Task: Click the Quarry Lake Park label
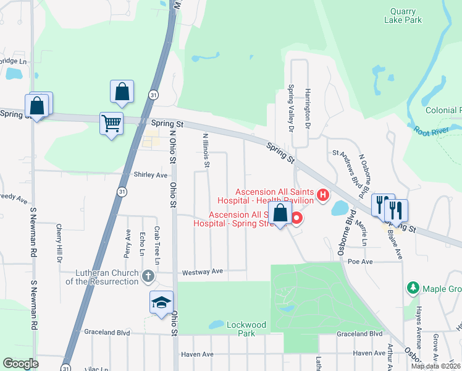[406, 15]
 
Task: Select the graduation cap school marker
[161, 302]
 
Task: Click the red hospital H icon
[322, 196]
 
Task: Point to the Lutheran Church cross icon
[148, 276]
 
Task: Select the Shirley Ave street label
[151, 175]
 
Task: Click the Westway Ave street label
[202, 271]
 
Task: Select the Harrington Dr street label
[306, 109]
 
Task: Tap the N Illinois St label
[206, 151]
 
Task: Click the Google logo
[20, 363]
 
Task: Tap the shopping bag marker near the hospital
[280, 214]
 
